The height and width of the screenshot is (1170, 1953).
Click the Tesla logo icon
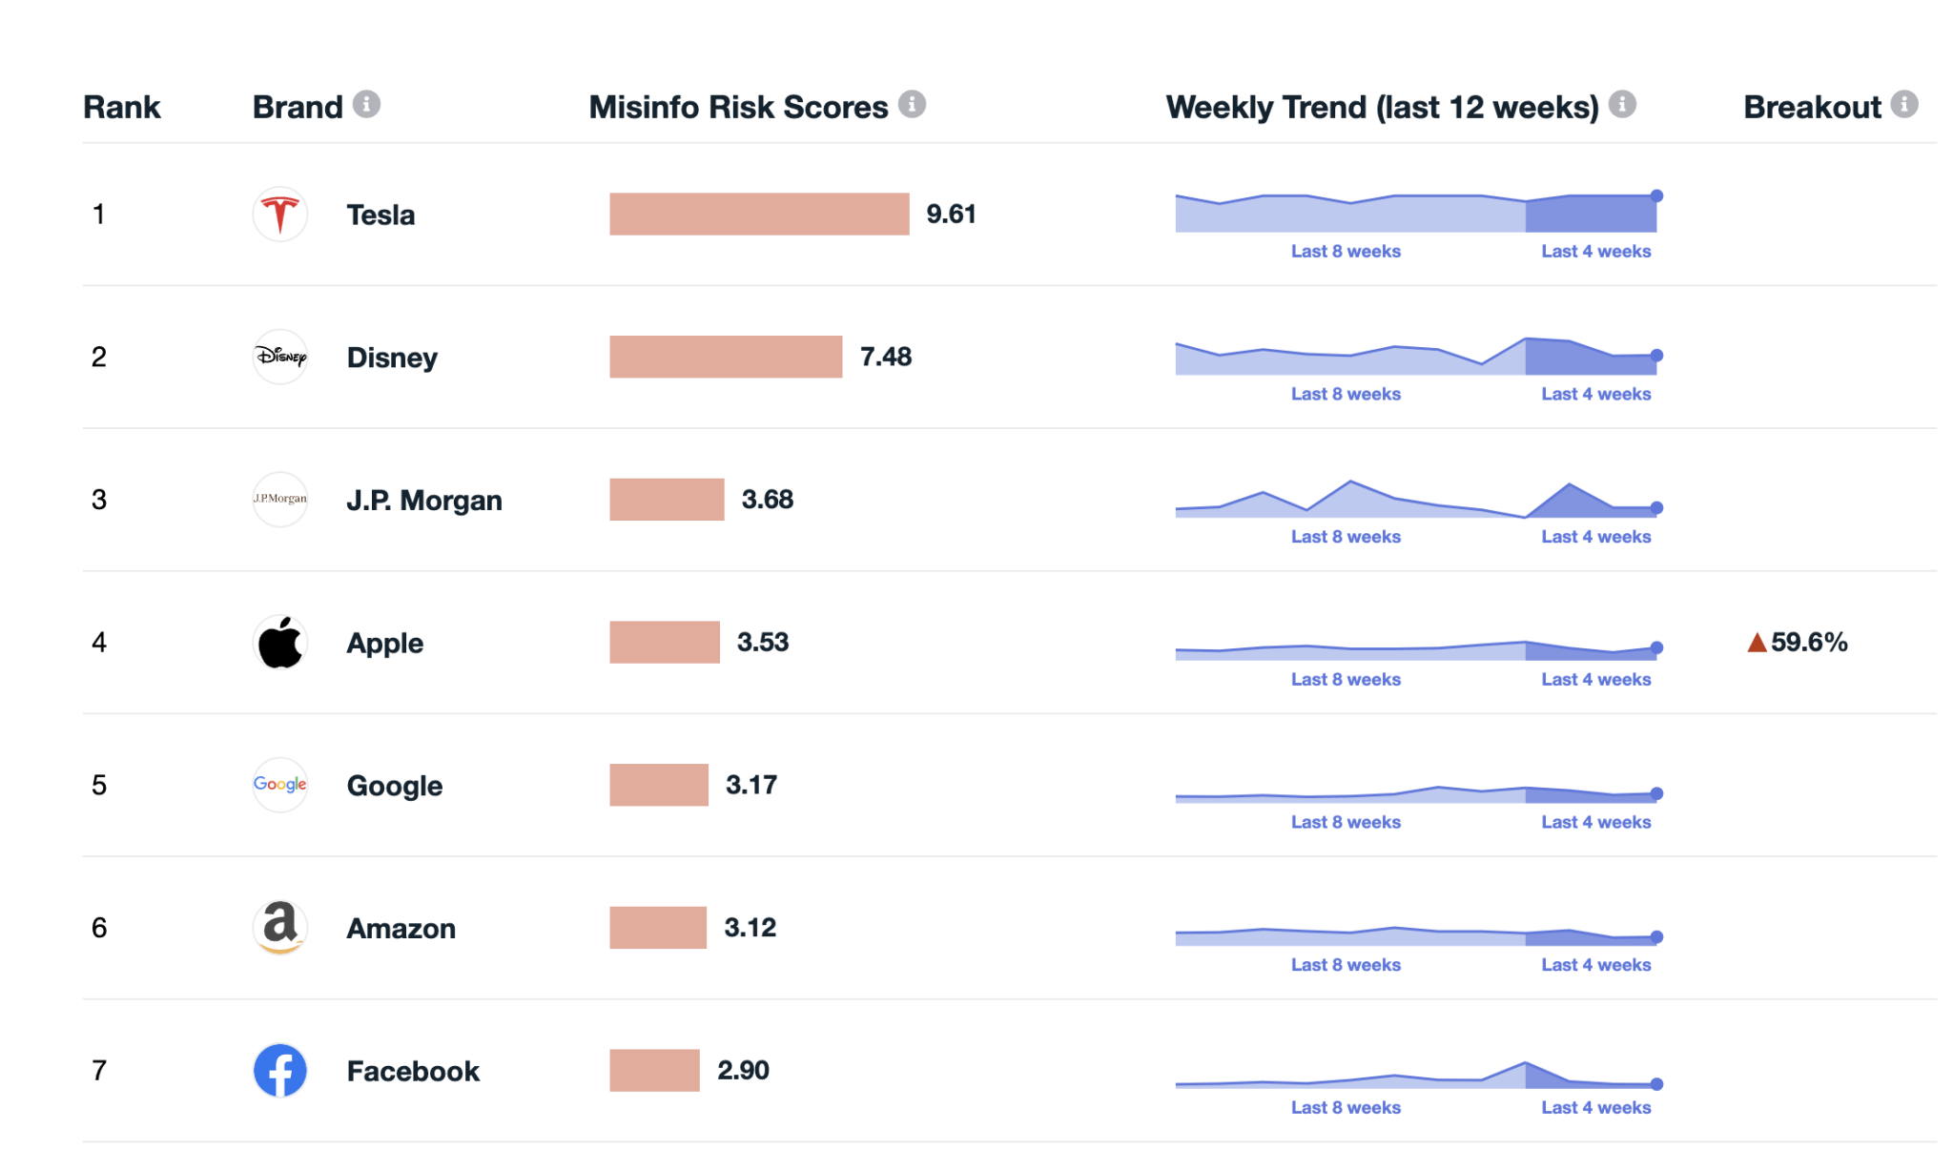(279, 214)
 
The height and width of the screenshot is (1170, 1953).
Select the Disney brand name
(391, 358)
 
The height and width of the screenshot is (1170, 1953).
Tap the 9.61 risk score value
(951, 214)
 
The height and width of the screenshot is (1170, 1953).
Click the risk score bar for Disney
(725, 357)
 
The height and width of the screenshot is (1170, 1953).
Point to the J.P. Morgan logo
(279, 499)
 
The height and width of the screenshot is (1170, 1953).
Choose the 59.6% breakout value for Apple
(1808, 642)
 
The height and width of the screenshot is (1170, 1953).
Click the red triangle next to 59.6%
(1757, 643)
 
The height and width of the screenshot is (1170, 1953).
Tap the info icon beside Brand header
(366, 104)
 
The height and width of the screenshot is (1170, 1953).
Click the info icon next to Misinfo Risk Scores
(912, 104)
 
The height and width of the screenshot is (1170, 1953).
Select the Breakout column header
(1811, 107)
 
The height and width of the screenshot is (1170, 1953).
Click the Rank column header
(121, 107)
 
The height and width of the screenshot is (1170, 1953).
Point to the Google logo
(279, 784)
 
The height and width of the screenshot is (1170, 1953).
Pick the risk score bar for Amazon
(658, 927)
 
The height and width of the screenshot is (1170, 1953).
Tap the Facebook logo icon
(279, 1070)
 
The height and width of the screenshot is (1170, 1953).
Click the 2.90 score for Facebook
(743, 1070)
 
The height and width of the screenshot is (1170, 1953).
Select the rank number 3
(99, 499)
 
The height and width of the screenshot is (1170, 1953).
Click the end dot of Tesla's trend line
(1656, 195)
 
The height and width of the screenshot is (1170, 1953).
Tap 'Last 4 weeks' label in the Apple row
(1595, 679)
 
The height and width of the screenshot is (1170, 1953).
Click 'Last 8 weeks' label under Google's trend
(1345, 822)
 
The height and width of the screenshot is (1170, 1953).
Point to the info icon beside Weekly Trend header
(1621, 104)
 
